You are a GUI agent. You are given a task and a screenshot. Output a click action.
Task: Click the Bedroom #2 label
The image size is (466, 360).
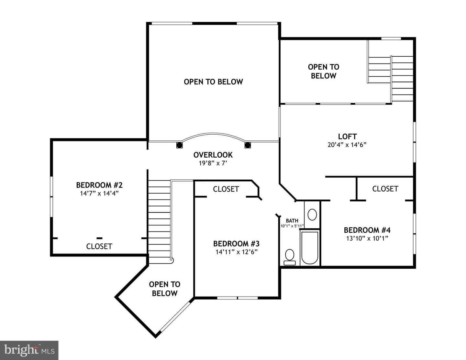(x=99, y=185)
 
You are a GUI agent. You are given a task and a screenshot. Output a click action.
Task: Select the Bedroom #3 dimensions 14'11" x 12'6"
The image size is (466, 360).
(x=236, y=252)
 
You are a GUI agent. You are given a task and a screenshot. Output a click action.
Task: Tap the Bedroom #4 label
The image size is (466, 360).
(x=367, y=230)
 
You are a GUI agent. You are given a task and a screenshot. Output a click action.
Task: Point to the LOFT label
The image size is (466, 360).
(x=347, y=136)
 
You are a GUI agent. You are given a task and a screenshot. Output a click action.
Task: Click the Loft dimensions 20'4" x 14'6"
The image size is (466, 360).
(x=347, y=145)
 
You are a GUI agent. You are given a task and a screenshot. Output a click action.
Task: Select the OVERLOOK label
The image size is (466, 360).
(x=213, y=155)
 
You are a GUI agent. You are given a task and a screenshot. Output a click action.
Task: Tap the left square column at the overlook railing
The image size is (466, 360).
(x=179, y=145)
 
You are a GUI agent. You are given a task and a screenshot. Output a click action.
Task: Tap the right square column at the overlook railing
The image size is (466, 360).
(x=248, y=145)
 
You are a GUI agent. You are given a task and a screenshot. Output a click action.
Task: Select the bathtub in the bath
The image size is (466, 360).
(x=310, y=248)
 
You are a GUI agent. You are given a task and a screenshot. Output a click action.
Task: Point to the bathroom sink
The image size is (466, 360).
(x=312, y=214)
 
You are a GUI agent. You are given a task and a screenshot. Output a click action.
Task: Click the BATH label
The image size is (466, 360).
(x=292, y=221)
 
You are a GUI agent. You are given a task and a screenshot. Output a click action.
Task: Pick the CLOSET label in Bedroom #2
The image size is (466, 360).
(x=99, y=246)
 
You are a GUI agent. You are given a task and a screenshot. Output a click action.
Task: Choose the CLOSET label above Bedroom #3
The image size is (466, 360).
(x=226, y=189)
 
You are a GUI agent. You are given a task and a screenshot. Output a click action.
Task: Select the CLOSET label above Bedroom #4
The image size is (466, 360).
(x=385, y=189)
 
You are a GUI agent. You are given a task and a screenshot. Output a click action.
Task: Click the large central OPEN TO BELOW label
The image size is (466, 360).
(x=213, y=82)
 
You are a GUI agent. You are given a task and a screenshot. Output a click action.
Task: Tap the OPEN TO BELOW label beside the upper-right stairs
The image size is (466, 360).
(x=323, y=71)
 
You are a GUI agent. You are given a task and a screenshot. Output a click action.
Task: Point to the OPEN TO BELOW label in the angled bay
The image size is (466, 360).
(x=164, y=289)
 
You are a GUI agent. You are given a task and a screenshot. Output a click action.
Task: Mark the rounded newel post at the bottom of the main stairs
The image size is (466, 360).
(x=172, y=259)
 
